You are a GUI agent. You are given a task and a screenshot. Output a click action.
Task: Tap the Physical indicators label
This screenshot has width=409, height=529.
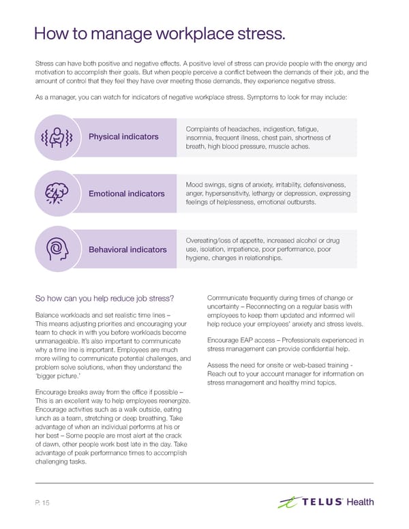point(124,137)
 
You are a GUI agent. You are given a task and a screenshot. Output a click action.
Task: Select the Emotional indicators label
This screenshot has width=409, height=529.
point(127,194)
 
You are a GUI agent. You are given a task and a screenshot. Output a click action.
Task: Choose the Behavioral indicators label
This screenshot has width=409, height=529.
point(127,250)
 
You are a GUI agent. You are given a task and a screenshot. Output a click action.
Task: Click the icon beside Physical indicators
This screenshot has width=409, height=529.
point(56,137)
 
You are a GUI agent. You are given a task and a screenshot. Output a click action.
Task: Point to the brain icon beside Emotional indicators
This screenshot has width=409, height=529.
point(56,194)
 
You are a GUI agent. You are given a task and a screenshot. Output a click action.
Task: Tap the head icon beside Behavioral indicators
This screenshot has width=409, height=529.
point(56,250)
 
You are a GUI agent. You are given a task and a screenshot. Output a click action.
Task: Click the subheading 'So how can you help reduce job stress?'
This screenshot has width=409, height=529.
point(104,297)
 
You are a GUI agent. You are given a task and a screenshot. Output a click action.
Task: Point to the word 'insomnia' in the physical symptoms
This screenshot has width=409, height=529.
point(200,138)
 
